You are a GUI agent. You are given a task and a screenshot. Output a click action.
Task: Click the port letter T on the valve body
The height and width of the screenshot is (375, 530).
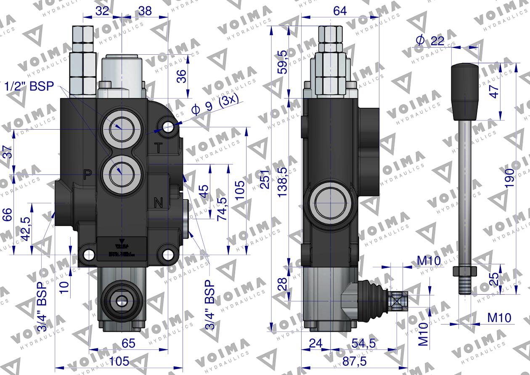(159, 148)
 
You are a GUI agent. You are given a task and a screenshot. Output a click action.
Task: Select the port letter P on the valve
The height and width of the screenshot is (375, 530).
(87, 175)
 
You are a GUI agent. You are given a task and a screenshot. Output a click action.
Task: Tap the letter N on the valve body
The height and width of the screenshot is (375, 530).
(159, 203)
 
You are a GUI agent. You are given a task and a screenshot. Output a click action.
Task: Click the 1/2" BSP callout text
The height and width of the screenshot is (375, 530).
(29, 87)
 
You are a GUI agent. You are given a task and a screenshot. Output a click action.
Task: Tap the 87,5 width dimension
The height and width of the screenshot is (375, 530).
(354, 361)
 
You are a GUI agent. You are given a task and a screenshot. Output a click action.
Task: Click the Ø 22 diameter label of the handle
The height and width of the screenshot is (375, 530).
(430, 40)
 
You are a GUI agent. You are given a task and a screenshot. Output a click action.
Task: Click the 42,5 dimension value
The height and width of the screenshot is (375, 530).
(26, 229)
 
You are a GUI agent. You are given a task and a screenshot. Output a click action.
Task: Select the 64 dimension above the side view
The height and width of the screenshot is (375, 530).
(340, 11)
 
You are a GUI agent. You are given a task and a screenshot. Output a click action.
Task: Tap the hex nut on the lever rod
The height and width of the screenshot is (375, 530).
(464, 271)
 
